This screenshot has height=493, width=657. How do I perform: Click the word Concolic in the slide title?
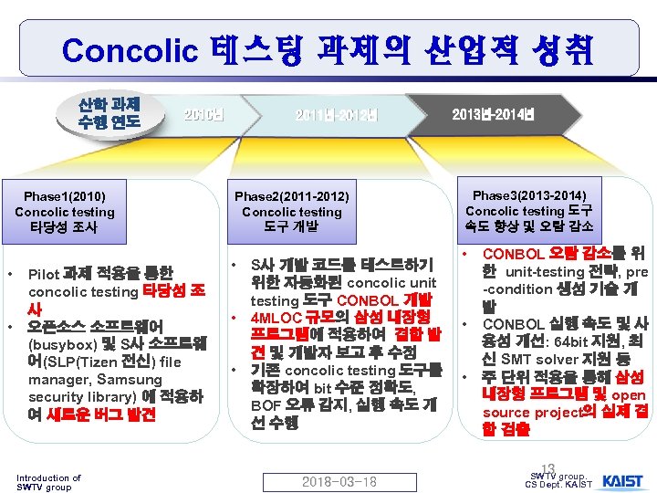pos(136,49)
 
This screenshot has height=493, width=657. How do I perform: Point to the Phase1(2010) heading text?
pos(65,195)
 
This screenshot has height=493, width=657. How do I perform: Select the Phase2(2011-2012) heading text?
pos(291,195)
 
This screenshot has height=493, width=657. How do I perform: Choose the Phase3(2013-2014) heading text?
pos(530,194)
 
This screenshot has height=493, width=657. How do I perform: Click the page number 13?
pos(547,468)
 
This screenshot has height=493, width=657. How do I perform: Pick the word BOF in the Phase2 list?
pos(266,404)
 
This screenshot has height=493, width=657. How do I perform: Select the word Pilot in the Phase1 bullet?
pos(44,273)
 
